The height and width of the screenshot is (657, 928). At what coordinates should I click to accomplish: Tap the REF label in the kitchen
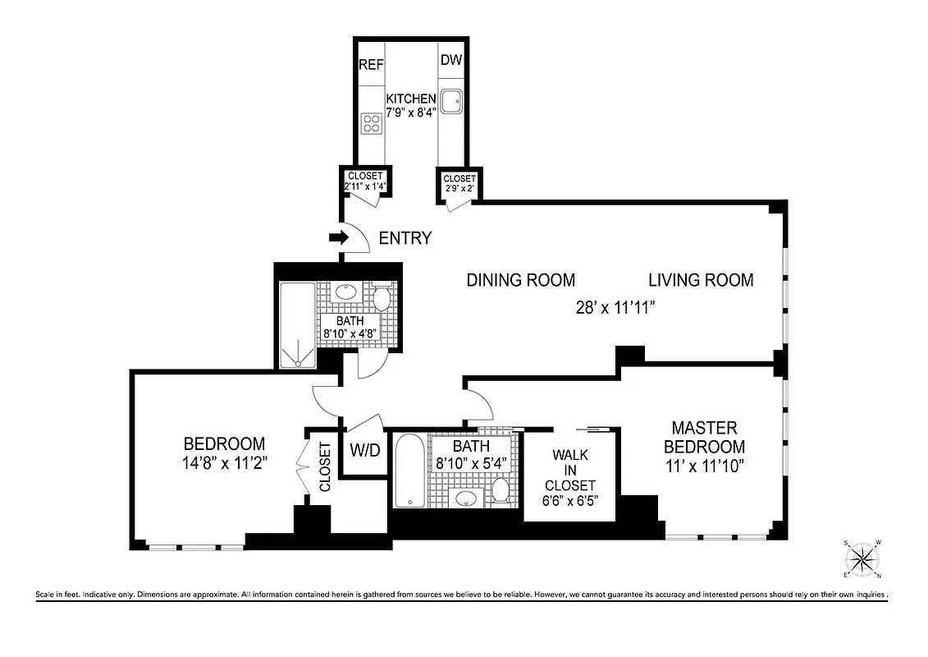(x=370, y=64)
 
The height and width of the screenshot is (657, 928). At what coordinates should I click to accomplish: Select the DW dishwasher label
(x=450, y=60)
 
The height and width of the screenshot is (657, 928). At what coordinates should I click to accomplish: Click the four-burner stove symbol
(x=371, y=124)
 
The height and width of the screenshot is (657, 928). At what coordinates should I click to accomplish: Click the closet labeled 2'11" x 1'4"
(x=366, y=181)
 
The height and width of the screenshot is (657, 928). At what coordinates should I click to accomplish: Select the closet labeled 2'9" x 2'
(x=459, y=182)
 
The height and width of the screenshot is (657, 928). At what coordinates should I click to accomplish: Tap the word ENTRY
(x=405, y=239)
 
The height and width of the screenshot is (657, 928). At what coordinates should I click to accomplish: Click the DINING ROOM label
(x=520, y=280)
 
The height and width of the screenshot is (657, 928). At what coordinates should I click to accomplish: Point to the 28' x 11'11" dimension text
(x=616, y=308)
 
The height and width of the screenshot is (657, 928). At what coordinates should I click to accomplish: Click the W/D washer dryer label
(x=364, y=450)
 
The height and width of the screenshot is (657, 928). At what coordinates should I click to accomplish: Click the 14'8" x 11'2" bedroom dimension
(x=224, y=462)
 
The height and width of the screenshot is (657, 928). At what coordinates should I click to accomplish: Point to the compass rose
(x=862, y=560)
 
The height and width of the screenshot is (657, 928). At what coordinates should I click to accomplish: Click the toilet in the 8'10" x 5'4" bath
(x=501, y=490)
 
